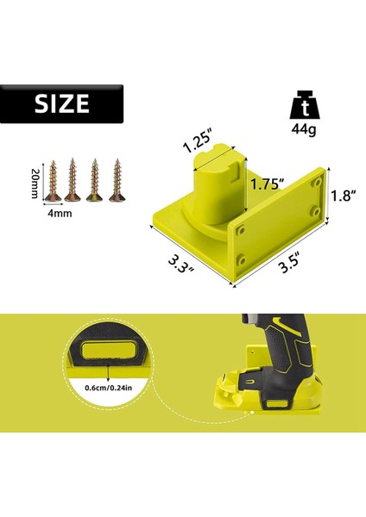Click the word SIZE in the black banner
point(62,104)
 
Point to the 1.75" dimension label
point(267,184)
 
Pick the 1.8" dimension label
point(344,196)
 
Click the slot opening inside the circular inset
point(108,352)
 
